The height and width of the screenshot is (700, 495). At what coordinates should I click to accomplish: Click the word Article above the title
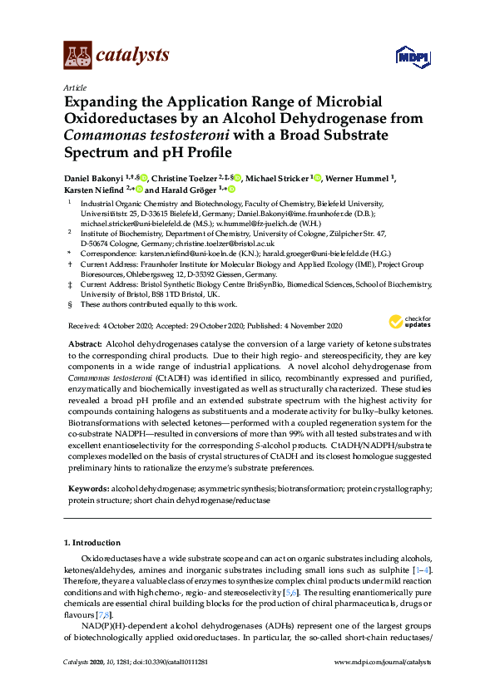pyautogui.click(x=73, y=86)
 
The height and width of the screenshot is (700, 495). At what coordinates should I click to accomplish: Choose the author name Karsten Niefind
pyautogui.click(x=92, y=190)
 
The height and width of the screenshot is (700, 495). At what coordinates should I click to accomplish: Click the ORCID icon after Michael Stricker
pyautogui.click(x=317, y=178)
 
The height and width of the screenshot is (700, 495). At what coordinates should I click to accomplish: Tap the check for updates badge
pyautogui.click(x=410, y=322)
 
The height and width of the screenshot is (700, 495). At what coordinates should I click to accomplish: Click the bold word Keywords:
pyautogui.click(x=88, y=492)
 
